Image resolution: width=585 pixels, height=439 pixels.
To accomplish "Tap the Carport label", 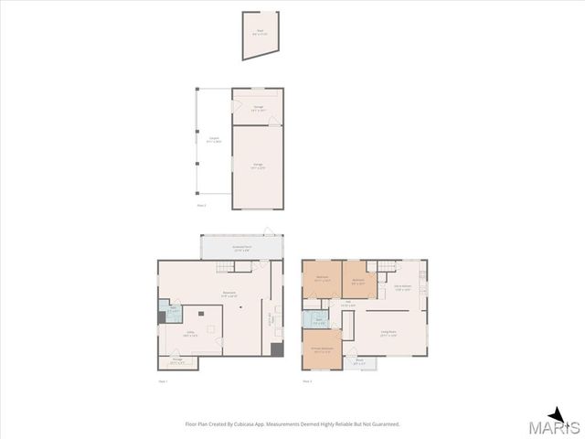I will (x=213, y=141).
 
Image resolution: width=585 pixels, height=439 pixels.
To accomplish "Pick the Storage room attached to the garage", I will (x=257, y=107).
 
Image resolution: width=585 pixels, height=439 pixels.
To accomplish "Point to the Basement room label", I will (x=230, y=294).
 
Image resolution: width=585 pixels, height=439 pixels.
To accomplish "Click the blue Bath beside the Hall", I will (x=320, y=321).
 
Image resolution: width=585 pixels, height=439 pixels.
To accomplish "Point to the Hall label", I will (x=347, y=304).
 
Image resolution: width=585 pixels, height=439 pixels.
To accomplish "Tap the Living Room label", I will (x=388, y=333).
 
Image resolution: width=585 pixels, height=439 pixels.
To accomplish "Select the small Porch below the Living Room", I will (x=359, y=362).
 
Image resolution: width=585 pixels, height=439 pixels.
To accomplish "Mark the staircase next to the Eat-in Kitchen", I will (x=387, y=266).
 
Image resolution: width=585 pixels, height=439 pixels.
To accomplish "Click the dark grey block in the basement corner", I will (x=277, y=350).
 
